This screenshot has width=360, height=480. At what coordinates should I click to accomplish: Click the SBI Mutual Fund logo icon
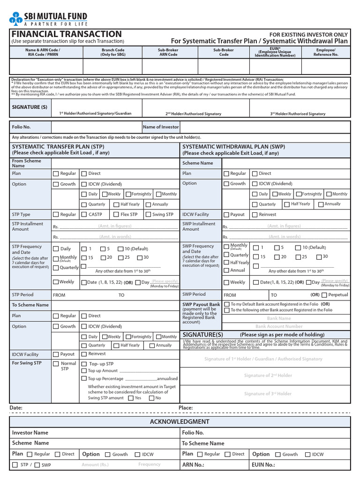click(15, 18)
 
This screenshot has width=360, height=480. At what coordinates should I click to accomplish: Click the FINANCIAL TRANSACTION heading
click(67, 34)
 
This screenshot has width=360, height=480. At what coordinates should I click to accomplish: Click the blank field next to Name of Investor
click(265, 127)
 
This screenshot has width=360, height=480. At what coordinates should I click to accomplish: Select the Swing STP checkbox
click(148, 215)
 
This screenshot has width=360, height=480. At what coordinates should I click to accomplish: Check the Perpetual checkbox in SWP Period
click(324, 295)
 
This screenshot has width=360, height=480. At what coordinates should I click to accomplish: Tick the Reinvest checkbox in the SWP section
click(255, 215)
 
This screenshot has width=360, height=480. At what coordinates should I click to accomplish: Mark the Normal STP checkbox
click(56, 364)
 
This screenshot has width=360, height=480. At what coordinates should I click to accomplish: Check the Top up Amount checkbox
click(84, 371)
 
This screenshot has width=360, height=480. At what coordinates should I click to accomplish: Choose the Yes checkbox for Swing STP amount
click(130, 398)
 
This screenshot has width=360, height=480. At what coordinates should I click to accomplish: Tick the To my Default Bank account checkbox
click(227, 304)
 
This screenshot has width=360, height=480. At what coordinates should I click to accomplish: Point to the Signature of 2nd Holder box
click(268, 375)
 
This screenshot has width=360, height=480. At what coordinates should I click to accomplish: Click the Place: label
click(186, 408)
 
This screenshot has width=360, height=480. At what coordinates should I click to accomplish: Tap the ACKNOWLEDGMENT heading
click(180, 421)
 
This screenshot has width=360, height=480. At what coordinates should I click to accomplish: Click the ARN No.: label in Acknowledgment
click(193, 465)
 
